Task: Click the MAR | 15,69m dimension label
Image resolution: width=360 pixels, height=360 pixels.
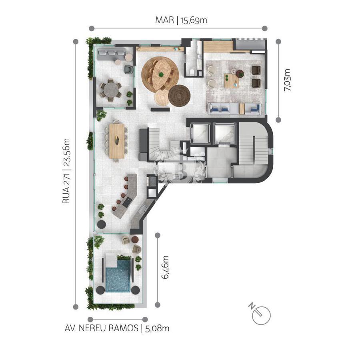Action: [x=181, y=20]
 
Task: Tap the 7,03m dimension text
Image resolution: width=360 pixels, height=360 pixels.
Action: [x=287, y=80]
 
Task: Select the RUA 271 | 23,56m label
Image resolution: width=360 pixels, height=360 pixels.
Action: [x=66, y=171]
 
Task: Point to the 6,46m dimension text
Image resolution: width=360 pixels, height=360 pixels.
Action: [x=165, y=267]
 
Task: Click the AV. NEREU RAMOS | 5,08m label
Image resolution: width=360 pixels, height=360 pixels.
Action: [x=117, y=328]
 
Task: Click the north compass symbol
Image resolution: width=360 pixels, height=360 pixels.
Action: [x=260, y=314]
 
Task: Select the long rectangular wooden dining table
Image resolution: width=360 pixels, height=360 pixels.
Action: [x=117, y=141]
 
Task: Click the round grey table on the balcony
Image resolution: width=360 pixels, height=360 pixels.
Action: [x=111, y=90]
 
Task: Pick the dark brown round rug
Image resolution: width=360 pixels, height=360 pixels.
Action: [x=180, y=96]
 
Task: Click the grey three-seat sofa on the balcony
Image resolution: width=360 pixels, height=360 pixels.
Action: [x=111, y=54]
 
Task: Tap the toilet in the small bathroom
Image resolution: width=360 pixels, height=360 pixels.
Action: [x=192, y=72]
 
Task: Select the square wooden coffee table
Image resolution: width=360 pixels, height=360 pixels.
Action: [x=232, y=80]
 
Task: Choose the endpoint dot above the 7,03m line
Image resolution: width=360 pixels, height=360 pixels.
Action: [x=278, y=42]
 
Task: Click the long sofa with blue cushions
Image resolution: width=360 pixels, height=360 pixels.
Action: [x=235, y=108]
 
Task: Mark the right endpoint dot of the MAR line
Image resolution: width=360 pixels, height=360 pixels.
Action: [x=264, y=28]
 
